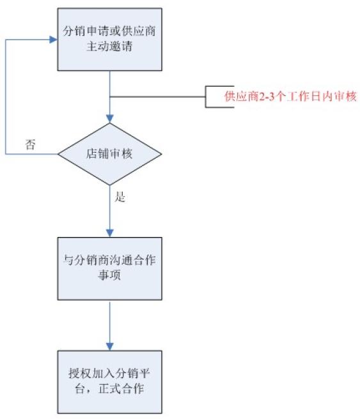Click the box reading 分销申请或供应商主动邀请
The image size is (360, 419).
(x=109, y=40)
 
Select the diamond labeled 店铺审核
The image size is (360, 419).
(x=109, y=154)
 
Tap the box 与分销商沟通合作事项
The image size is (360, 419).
(x=109, y=268)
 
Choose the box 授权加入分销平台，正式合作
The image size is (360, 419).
(x=109, y=382)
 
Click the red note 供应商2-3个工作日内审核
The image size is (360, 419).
(x=290, y=96)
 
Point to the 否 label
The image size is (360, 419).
(x=30, y=144)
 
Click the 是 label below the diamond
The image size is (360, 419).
(x=120, y=197)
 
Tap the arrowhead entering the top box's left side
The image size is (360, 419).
(x=54, y=40)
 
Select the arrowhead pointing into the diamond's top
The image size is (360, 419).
(x=109, y=119)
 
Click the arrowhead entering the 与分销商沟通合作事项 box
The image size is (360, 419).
(x=109, y=233)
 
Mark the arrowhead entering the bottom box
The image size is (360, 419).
(x=109, y=347)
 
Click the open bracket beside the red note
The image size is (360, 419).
(x=205, y=96)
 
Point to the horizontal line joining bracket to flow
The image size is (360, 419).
(x=157, y=96)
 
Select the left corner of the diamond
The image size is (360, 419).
(x=58, y=154)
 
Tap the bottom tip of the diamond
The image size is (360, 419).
(x=109, y=185)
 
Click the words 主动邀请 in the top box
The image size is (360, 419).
(x=109, y=47)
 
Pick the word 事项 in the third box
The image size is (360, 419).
(x=109, y=275)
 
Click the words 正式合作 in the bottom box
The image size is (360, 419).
(x=121, y=389)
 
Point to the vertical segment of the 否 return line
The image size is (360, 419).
(x=6, y=97)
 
